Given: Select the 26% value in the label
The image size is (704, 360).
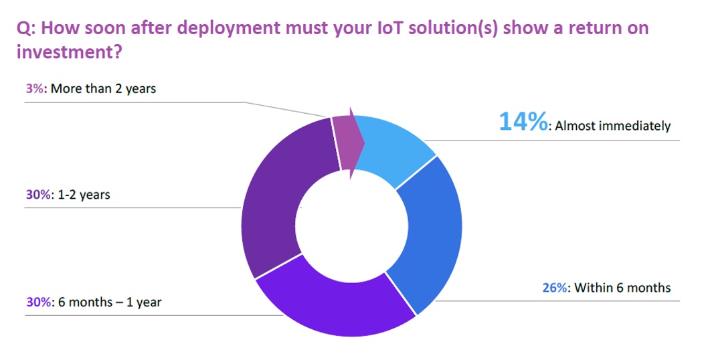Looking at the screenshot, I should (553, 288).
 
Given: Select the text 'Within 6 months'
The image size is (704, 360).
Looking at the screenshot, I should (621, 288).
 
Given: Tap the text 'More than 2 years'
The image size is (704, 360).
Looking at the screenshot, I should (103, 88).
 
